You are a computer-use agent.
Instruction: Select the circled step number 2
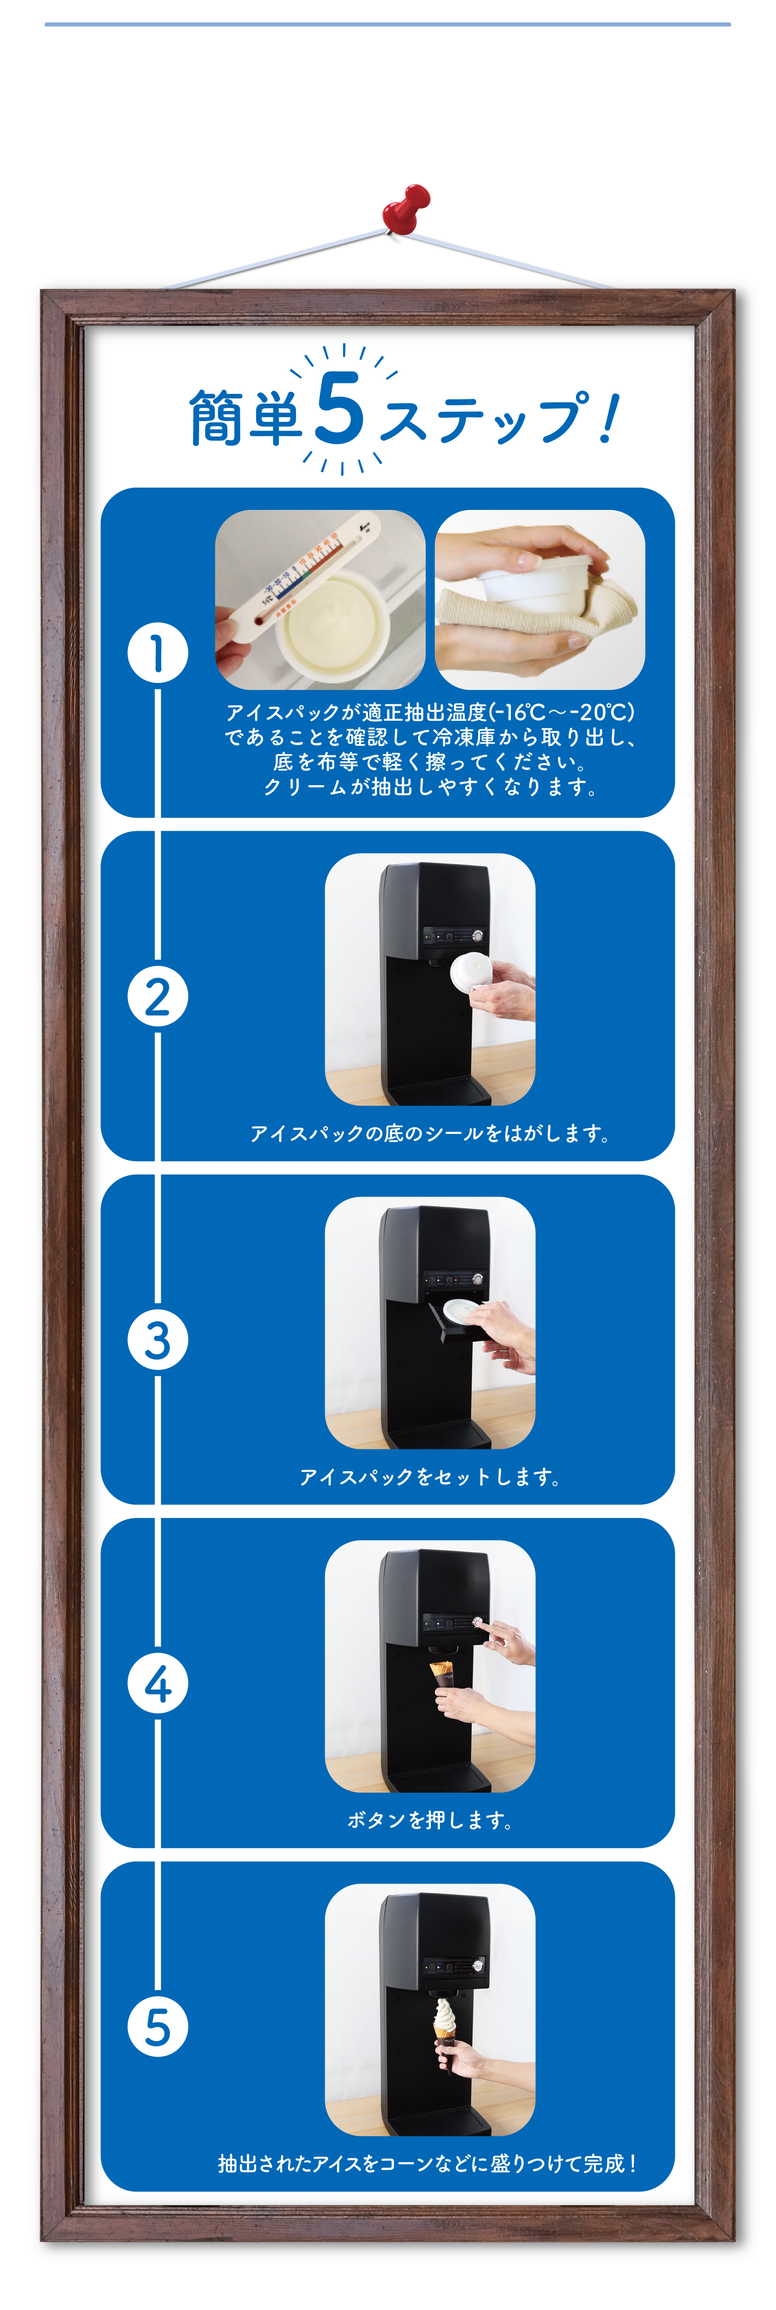coord(158,997)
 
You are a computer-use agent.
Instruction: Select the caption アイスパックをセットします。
coord(430,1476)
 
